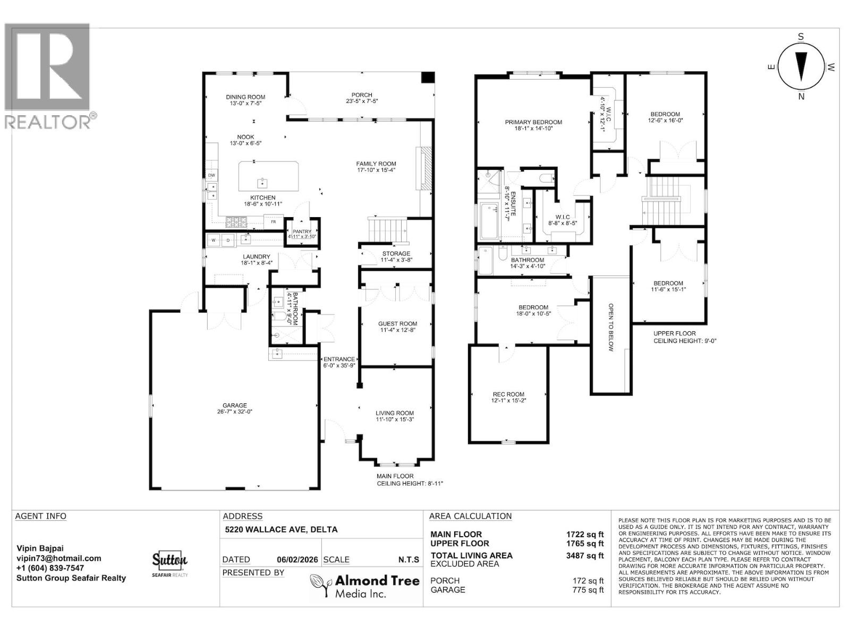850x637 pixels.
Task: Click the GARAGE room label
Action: pyautogui.click(x=234, y=406)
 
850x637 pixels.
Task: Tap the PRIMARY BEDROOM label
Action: pyautogui.click(x=533, y=122)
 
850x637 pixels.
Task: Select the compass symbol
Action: pyautogui.click(x=801, y=66)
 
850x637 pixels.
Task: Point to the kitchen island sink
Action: pyautogui.click(x=262, y=183)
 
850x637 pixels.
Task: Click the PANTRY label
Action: pyautogui.click(x=302, y=232)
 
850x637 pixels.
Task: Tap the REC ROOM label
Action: pyautogui.click(x=508, y=394)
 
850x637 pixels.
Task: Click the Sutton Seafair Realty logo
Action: pyautogui.click(x=170, y=564)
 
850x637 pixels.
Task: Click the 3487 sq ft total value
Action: pyautogui.click(x=585, y=556)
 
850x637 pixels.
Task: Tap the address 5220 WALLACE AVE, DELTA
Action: pyautogui.click(x=281, y=530)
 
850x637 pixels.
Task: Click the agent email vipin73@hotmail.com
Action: pyautogui.click(x=58, y=558)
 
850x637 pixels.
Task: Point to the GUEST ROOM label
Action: pyautogui.click(x=397, y=324)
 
